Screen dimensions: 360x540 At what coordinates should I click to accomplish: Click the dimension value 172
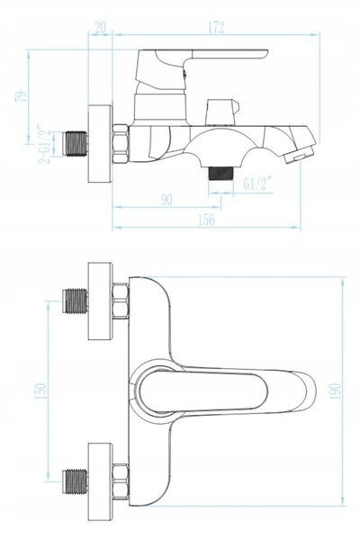click(x=216, y=28)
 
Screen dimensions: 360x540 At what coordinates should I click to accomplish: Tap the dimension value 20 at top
click(x=100, y=27)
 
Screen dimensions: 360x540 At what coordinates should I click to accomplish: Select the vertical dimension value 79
click(x=21, y=96)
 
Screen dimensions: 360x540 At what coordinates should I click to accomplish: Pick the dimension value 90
click(x=166, y=200)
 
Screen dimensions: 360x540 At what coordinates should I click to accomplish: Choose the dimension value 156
click(x=206, y=220)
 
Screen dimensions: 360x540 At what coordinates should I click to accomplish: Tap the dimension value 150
click(x=40, y=391)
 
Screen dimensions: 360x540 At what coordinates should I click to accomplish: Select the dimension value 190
click(x=335, y=391)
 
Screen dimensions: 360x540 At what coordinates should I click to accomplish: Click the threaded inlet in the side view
click(x=76, y=143)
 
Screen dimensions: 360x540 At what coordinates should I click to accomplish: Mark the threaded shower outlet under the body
click(x=220, y=173)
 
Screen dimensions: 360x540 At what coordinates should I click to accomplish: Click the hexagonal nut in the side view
click(x=121, y=143)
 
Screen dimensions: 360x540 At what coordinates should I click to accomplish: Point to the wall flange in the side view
click(x=100, y=143)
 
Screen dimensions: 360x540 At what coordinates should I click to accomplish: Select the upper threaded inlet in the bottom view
click(x=75, y=301)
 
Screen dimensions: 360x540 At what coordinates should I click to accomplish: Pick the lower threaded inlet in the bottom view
click(x=75, y=481)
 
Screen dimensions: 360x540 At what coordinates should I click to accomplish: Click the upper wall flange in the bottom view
click(x=100, y=301)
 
